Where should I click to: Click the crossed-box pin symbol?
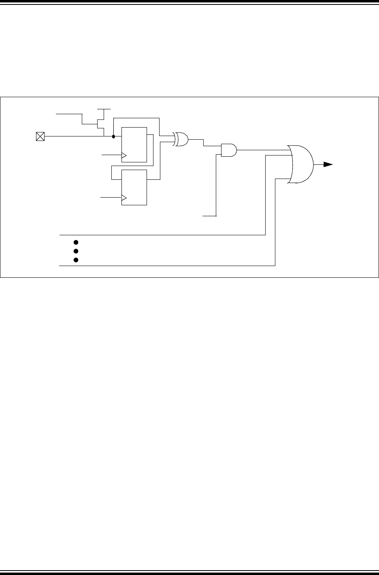pos(40,136)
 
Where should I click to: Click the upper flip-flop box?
pos(134,145)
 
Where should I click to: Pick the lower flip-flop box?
pos(134,187)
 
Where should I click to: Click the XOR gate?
pos(181,139)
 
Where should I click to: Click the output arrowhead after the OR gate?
pos(328,164)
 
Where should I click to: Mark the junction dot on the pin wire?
pos(113,136)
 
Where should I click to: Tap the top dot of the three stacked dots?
pos(75,242)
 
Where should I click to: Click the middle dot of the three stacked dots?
pos(75,251)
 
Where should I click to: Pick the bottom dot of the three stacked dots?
pos(75,260)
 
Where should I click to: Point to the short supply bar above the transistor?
pos(104,109)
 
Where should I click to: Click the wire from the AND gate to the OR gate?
pos(263,150)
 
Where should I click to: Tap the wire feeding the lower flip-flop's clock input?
pos(110,198)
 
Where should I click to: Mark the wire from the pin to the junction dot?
pos(77,136)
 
